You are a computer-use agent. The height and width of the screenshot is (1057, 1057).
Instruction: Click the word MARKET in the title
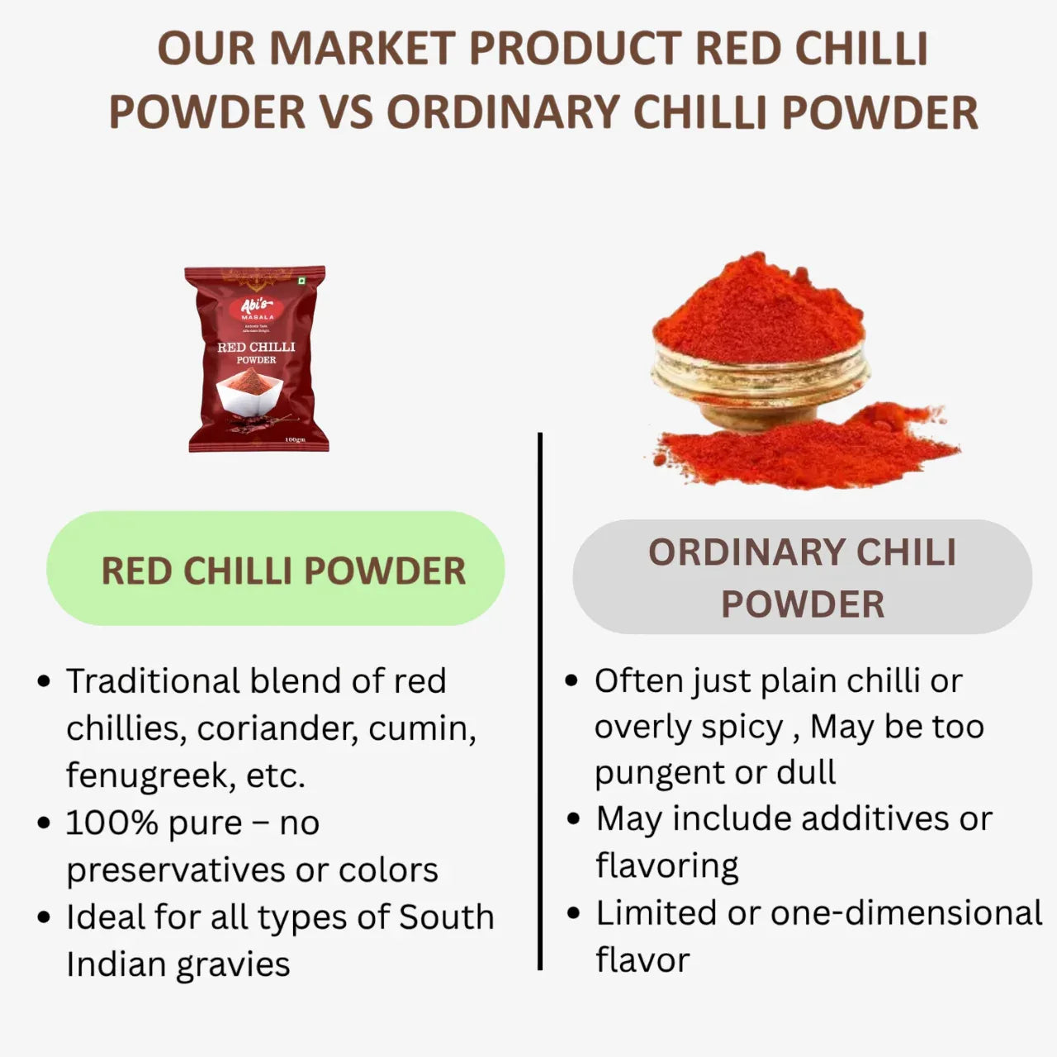362,49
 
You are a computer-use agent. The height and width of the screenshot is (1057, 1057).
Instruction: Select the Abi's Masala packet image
256,359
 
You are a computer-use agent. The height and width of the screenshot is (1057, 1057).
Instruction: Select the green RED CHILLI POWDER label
276,569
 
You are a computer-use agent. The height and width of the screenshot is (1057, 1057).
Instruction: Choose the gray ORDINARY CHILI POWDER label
802,576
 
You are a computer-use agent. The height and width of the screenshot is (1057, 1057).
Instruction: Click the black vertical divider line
540,702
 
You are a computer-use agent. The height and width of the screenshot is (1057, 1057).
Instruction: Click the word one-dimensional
906,912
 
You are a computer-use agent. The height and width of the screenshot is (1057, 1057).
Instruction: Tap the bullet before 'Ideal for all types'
45,917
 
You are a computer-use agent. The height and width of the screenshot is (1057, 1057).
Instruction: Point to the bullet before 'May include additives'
574,819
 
